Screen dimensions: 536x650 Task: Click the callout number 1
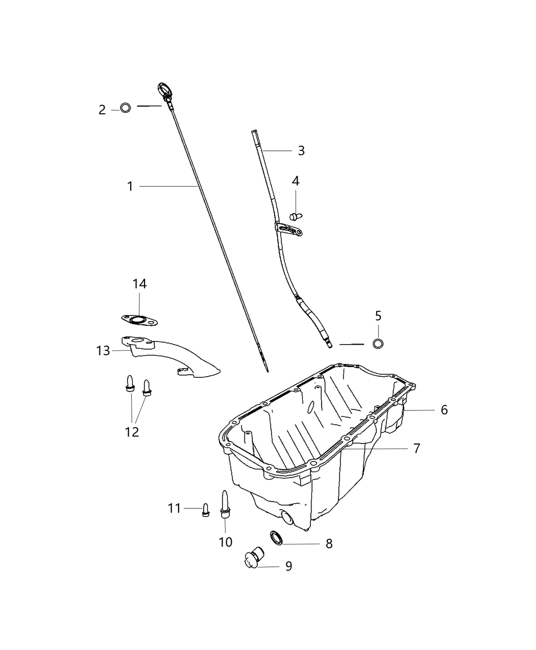click(x=130, y=187)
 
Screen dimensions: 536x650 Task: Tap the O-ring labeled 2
click(x=126, y=108)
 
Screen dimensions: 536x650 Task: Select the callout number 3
click(x=301, y=151)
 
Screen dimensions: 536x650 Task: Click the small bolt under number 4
click(x=296, y=216)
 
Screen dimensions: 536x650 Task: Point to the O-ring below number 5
click(x=378, y=344)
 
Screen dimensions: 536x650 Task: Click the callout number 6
click(x=444, y=410)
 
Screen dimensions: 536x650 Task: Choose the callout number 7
click(x=417, y=449)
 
